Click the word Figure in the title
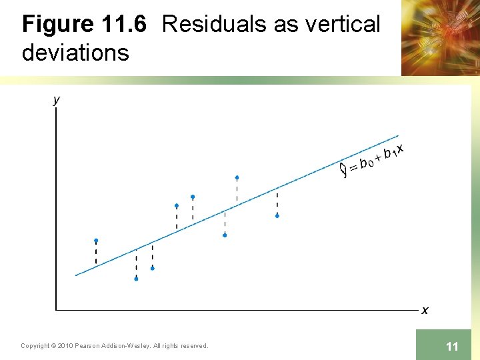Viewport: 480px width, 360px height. [58, 25]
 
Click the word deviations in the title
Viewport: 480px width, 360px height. [75, 52]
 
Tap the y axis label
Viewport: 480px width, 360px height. [56, 100]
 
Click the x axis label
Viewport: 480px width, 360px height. [425, 310]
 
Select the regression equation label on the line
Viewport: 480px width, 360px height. [372, 160]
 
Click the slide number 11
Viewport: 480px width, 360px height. [452, 346]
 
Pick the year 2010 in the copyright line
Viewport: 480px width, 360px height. [65, 345]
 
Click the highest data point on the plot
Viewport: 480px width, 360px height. [237, 177]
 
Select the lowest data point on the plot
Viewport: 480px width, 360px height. [136, 279]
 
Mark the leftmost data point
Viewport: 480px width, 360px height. [96, 240]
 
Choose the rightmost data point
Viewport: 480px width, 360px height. [277, 215]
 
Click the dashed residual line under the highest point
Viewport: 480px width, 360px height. [237, 191]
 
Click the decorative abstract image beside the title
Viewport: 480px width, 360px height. [440, 37]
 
